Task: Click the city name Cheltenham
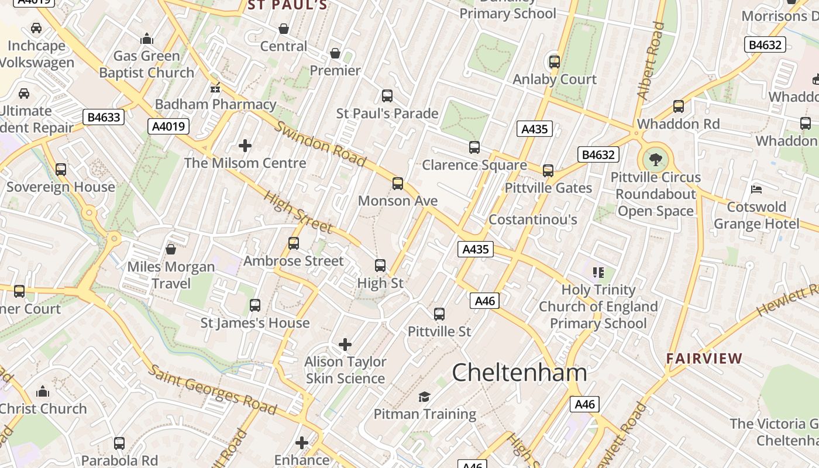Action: tap(519, 373)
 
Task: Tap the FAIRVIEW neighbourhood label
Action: tap(704, 359)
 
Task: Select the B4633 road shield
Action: tap(104, 117)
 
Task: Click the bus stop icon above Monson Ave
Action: tap(398, 184)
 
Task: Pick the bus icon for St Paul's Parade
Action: tap(387, 96)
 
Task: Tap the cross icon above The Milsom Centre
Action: tap(245, 145)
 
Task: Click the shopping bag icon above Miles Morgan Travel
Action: tap(171, 249)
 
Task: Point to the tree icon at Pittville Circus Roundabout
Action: tap(656, 159)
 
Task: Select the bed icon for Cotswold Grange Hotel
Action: tap(756, 190)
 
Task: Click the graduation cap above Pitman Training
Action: tap(424, 397)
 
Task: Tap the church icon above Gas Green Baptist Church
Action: tap(146, 39)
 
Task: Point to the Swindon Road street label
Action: tap(321, 143)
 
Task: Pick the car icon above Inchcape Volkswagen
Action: tap(36, 28)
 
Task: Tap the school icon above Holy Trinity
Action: tap(598, 272)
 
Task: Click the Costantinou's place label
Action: tap(532, 219)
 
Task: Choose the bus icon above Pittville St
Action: tap(439, 314)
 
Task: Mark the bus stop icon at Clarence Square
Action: tap(474, 147)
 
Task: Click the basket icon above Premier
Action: tap(335, 54)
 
